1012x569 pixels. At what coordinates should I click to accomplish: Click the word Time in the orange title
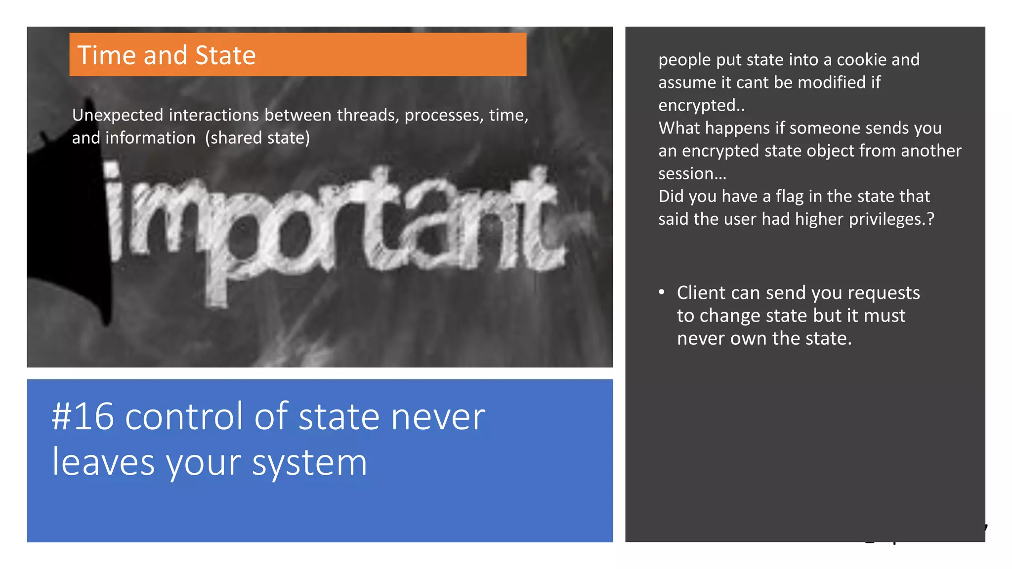(x=106, y=55)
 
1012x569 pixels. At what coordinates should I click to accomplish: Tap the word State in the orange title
(x=225, y=55)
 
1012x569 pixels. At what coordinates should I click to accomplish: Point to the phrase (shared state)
(x=257, y=138)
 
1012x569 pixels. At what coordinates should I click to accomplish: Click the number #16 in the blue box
(x=83, y=417)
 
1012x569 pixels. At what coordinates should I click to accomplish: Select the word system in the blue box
(x=309, y=463)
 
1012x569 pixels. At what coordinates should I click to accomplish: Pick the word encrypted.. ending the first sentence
(x=701, y=106)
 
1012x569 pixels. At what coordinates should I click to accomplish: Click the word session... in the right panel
(x=692, y=174)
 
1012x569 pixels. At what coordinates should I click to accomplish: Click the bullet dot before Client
(x=662, y=292)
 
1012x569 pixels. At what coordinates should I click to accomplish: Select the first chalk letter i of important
(x=115, y=212)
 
